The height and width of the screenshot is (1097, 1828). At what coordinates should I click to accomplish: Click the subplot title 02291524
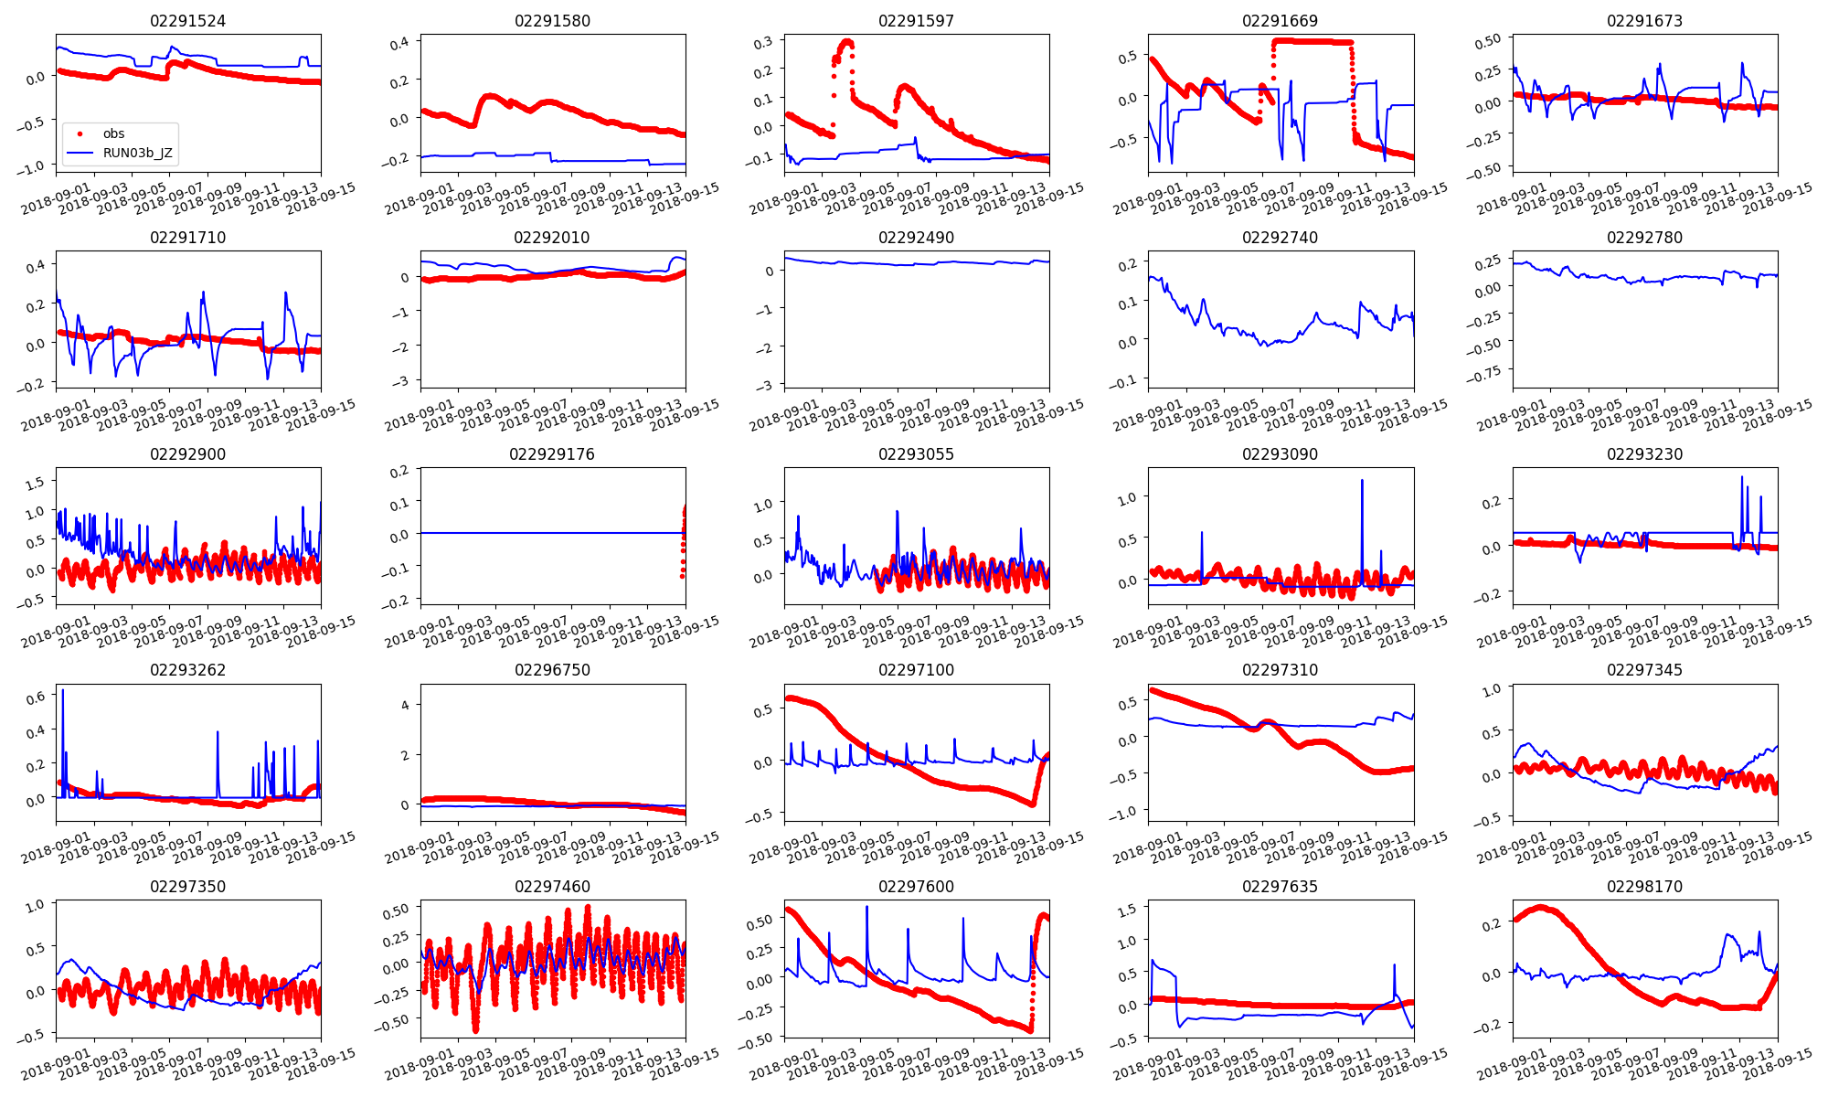point(187,21)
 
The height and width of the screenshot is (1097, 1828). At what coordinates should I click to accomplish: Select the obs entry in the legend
point(113,133)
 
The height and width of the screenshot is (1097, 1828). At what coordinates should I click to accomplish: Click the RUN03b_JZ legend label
point(137,153)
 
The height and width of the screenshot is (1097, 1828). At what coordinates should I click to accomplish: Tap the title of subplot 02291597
point(916,21)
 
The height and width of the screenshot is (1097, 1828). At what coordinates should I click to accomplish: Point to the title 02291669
point(1281,21)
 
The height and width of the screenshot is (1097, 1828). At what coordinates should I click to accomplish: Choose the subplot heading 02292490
point(916,238)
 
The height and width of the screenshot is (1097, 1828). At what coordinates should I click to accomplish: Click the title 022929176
point(552,454)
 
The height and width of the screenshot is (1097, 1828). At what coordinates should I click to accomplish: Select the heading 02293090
point(1281,454)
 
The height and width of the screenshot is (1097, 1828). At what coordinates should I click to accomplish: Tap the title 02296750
point(552,670)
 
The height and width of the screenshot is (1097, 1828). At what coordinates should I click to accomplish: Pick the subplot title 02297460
point(552,887)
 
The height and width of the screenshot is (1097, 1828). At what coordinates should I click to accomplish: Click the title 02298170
point(1644,887)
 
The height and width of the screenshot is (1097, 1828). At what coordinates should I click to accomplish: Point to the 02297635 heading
point(1281,887)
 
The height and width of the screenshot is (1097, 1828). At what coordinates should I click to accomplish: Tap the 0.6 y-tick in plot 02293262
point(35,698)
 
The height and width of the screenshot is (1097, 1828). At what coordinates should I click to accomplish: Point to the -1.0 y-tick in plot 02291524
point(29,167)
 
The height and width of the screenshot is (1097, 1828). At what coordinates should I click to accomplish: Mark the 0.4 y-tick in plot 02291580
point(399,43)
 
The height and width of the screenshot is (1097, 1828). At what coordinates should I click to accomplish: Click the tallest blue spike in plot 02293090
point(1362,481)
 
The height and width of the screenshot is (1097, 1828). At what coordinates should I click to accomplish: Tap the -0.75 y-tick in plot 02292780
point(1487,372)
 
